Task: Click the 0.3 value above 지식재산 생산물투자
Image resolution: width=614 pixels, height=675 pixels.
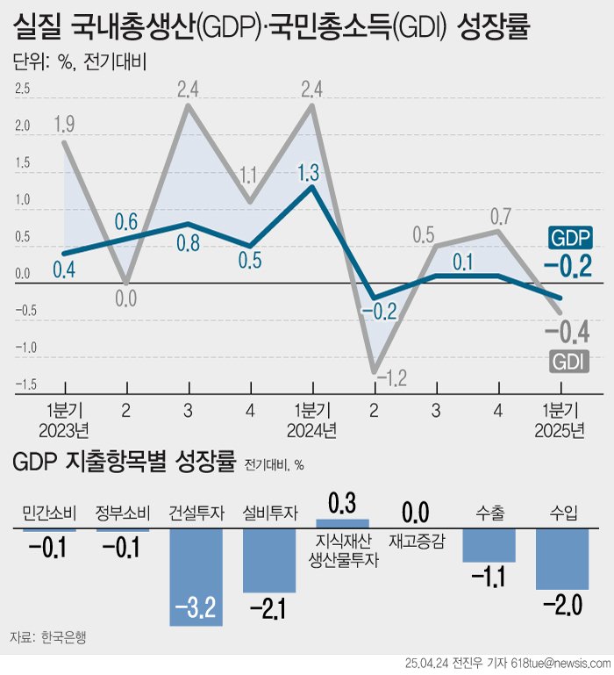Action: pos(343,504)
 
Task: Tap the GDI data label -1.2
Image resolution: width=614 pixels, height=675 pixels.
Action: pos(392,378)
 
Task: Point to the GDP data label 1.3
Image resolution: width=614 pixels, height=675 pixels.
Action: pos(308,172)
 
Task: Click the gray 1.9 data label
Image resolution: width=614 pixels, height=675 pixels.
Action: pos(64,124)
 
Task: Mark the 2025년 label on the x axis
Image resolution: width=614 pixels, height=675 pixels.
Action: pos(560,430)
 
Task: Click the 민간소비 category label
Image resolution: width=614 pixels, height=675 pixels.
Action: pos(49,513)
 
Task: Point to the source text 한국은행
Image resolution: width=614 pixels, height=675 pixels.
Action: pos(65,636)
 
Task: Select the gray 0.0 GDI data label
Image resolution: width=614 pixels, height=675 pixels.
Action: pos(127,298)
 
